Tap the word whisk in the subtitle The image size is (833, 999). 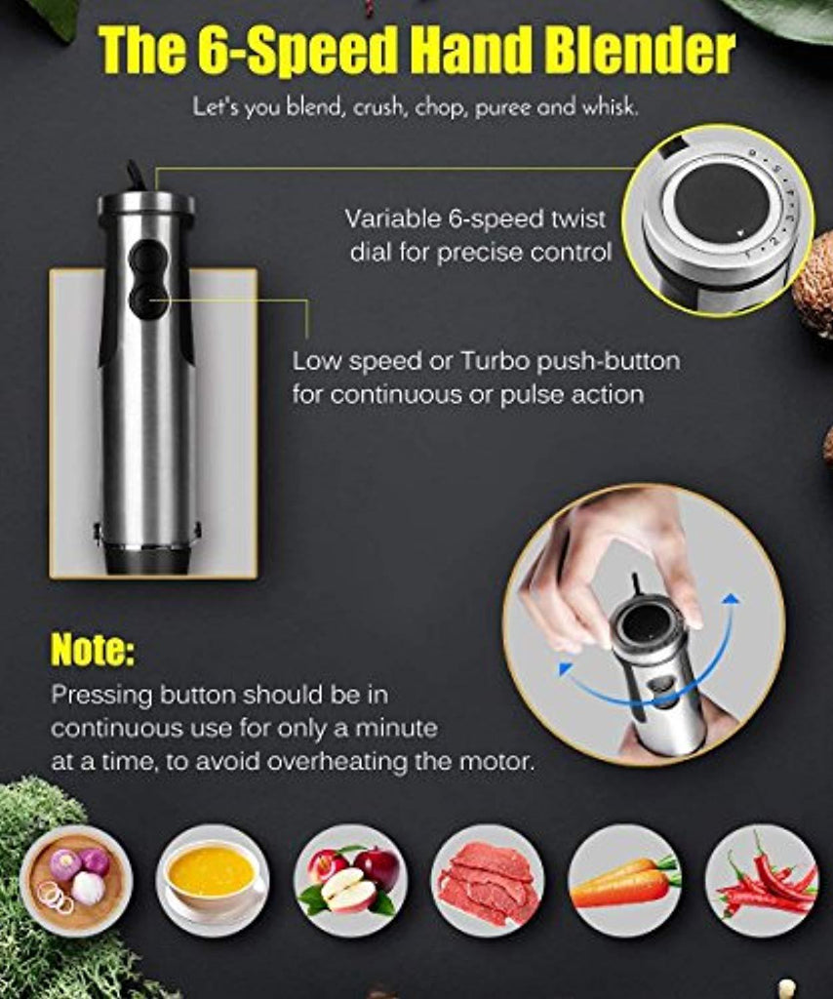(x=609, y=107)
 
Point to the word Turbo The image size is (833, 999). (x=496, y=361)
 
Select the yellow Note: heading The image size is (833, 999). (x=93, y=649)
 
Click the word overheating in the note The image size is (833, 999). (x=337, y=761)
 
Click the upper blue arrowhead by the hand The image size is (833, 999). (x=733, y=600)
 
